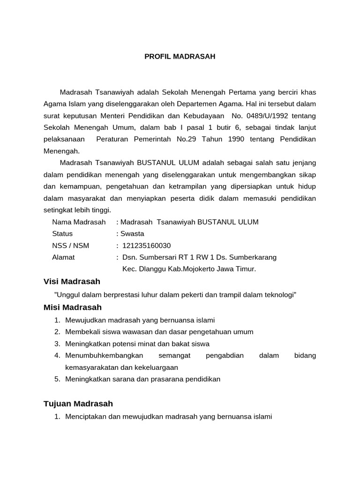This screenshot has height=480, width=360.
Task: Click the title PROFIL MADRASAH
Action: pyautogui.click(x=180, y=56)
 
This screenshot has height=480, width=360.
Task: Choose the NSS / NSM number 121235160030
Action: pyautogui.click(x=146, y=245)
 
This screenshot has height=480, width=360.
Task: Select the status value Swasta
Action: pyautogui.click(x=132, y=233)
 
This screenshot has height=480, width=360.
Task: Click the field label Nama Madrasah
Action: pyautogui.click(x=79, y=222)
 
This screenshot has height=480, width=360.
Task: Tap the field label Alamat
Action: pyautogui.click(x=63, y=257)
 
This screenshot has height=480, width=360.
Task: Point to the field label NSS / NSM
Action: pyautogui.click(x=70, y=245)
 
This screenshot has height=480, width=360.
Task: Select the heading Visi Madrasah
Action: pyautogui.click(x=72, y=281)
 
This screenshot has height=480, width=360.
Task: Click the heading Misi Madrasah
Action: pyautogui.click(x=72, y=307)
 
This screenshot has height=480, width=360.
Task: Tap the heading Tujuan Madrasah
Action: pyautogui.click(x=78, y=404)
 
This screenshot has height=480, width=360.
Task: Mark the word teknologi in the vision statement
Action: pyautogui.click(x=280, y=294)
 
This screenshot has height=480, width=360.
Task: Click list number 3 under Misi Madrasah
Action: pyautogui.click(x=57, y=344)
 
